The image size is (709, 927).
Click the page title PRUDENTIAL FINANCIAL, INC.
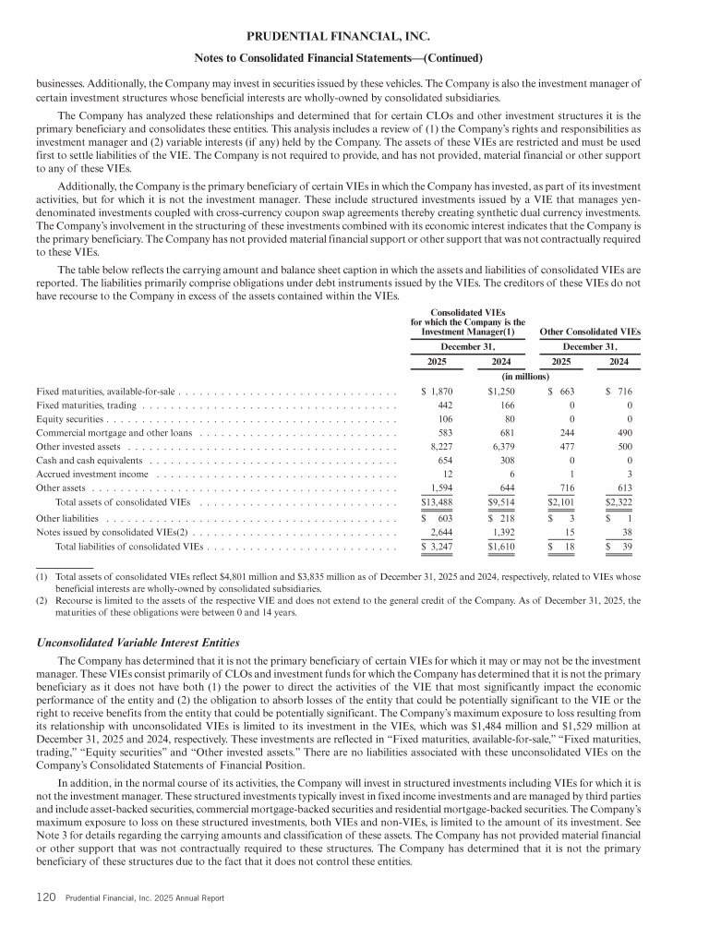tap(354, 37)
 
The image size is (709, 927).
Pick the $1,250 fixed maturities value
tap(502, 391)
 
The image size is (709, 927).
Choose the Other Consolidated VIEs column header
tap(589, 331)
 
